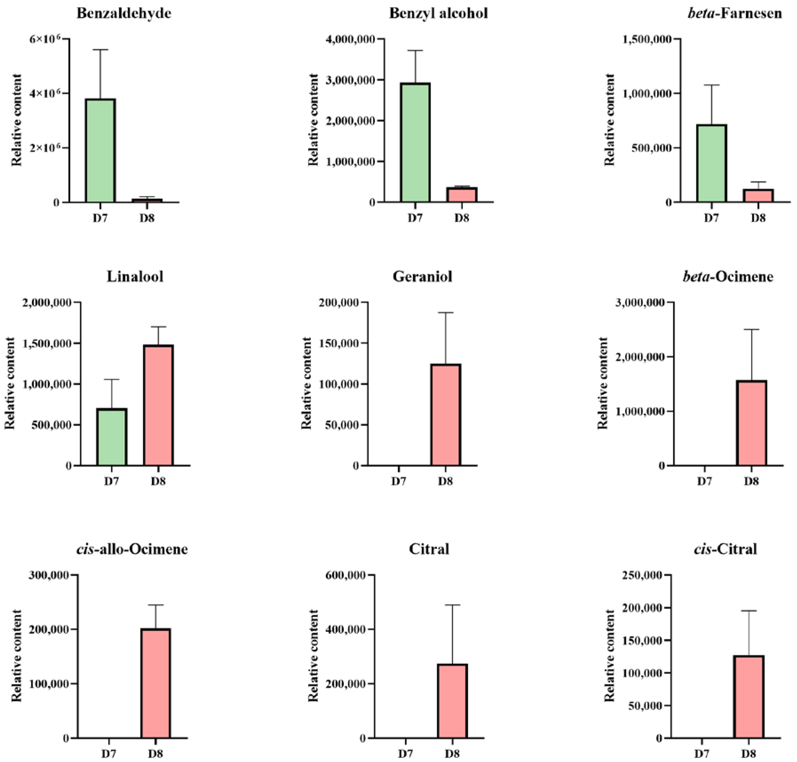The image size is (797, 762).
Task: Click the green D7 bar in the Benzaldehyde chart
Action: pyautogui.click(x=100, y=150)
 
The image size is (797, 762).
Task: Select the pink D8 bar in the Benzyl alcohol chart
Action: pyautogui.click(x=462, y=195)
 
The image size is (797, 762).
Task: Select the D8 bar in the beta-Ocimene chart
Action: pyautogui.click(x=751, y=423)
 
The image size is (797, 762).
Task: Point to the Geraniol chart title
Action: pyautogui.click(x=422, y=277)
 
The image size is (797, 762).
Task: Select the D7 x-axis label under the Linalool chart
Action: pyautogui.click(x=111, y=481)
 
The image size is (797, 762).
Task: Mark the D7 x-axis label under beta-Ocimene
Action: pyautogui.click(x=705, y=481)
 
